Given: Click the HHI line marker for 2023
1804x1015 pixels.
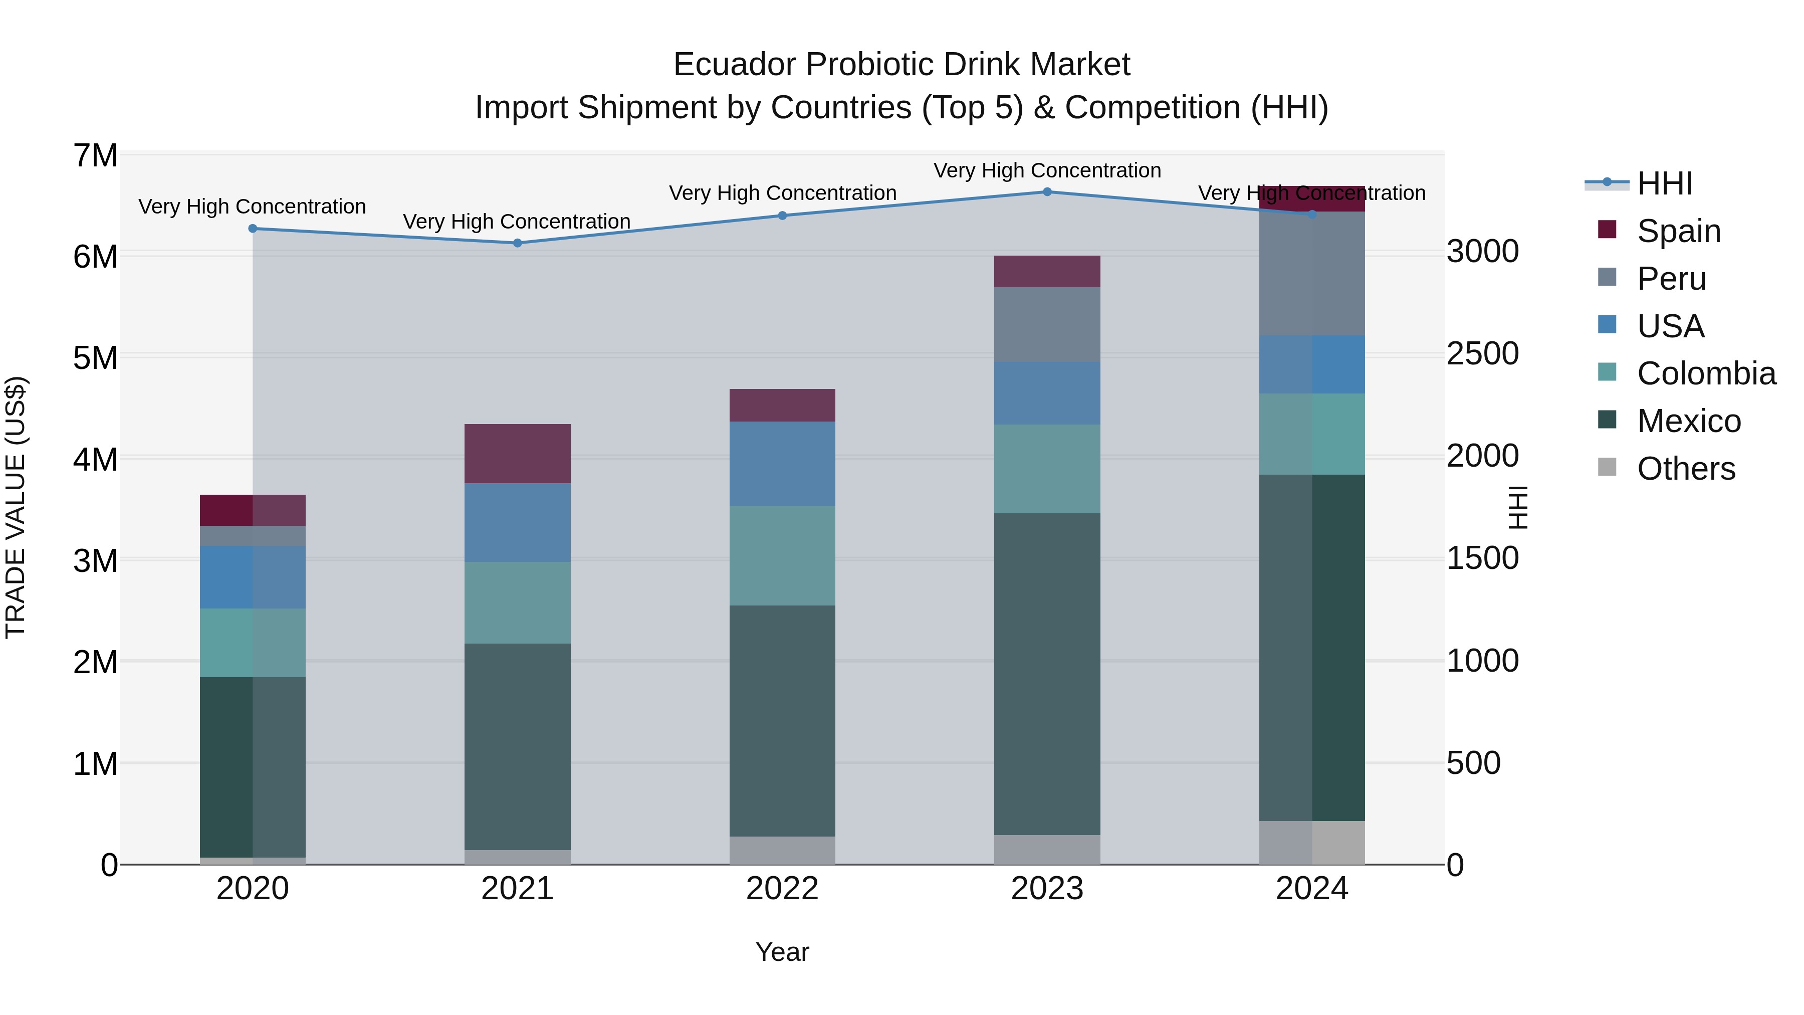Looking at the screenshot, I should click(x=1047, y=192).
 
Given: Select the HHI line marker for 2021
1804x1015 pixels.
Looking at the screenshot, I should click(x=518, y=243).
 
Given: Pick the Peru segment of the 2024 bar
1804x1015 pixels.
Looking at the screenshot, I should click(x=1312, y=273).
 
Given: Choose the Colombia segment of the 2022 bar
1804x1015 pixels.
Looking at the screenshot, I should click(x=782, y=555).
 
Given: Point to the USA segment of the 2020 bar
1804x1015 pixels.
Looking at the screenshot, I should click(x=253, y=577).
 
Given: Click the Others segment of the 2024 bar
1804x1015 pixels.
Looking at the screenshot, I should click(x=1312, y=842).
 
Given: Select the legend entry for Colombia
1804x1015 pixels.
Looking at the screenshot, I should click(x=1706, y=373).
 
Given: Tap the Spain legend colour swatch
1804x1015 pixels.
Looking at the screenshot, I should click(x=1607, y=230).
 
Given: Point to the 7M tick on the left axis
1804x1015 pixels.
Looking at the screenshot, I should click(x=95, y=155).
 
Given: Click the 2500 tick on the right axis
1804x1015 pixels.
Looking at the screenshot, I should click(x=1483, y=354).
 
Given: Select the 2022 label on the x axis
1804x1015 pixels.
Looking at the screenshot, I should click(x=782, y=888).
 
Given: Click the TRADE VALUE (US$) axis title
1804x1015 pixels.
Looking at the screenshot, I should click(x=16, y=507).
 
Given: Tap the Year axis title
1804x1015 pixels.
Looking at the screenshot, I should click(x=782, y=952).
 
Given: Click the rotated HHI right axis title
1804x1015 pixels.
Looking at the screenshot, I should click(x=1517, y=507).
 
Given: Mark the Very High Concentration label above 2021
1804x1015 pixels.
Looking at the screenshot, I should click(x=517, y=222).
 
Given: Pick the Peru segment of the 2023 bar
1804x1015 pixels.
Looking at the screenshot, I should click(x=1047, y=324).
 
